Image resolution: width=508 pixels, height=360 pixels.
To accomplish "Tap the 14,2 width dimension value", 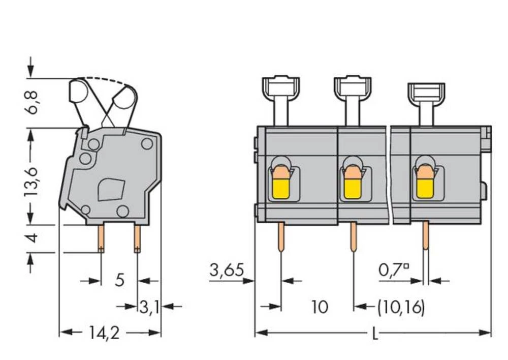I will tap(105, 333).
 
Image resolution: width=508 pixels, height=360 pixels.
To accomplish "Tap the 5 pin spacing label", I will tap(119, 280).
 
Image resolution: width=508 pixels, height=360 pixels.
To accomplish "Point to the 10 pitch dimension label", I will tap(320, 307).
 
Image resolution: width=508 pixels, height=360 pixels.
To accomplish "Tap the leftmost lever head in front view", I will tap(280, 87).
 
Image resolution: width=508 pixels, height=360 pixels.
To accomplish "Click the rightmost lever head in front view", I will tap(426, 92).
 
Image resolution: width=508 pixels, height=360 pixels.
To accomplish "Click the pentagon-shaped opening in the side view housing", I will tap(112, 189).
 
